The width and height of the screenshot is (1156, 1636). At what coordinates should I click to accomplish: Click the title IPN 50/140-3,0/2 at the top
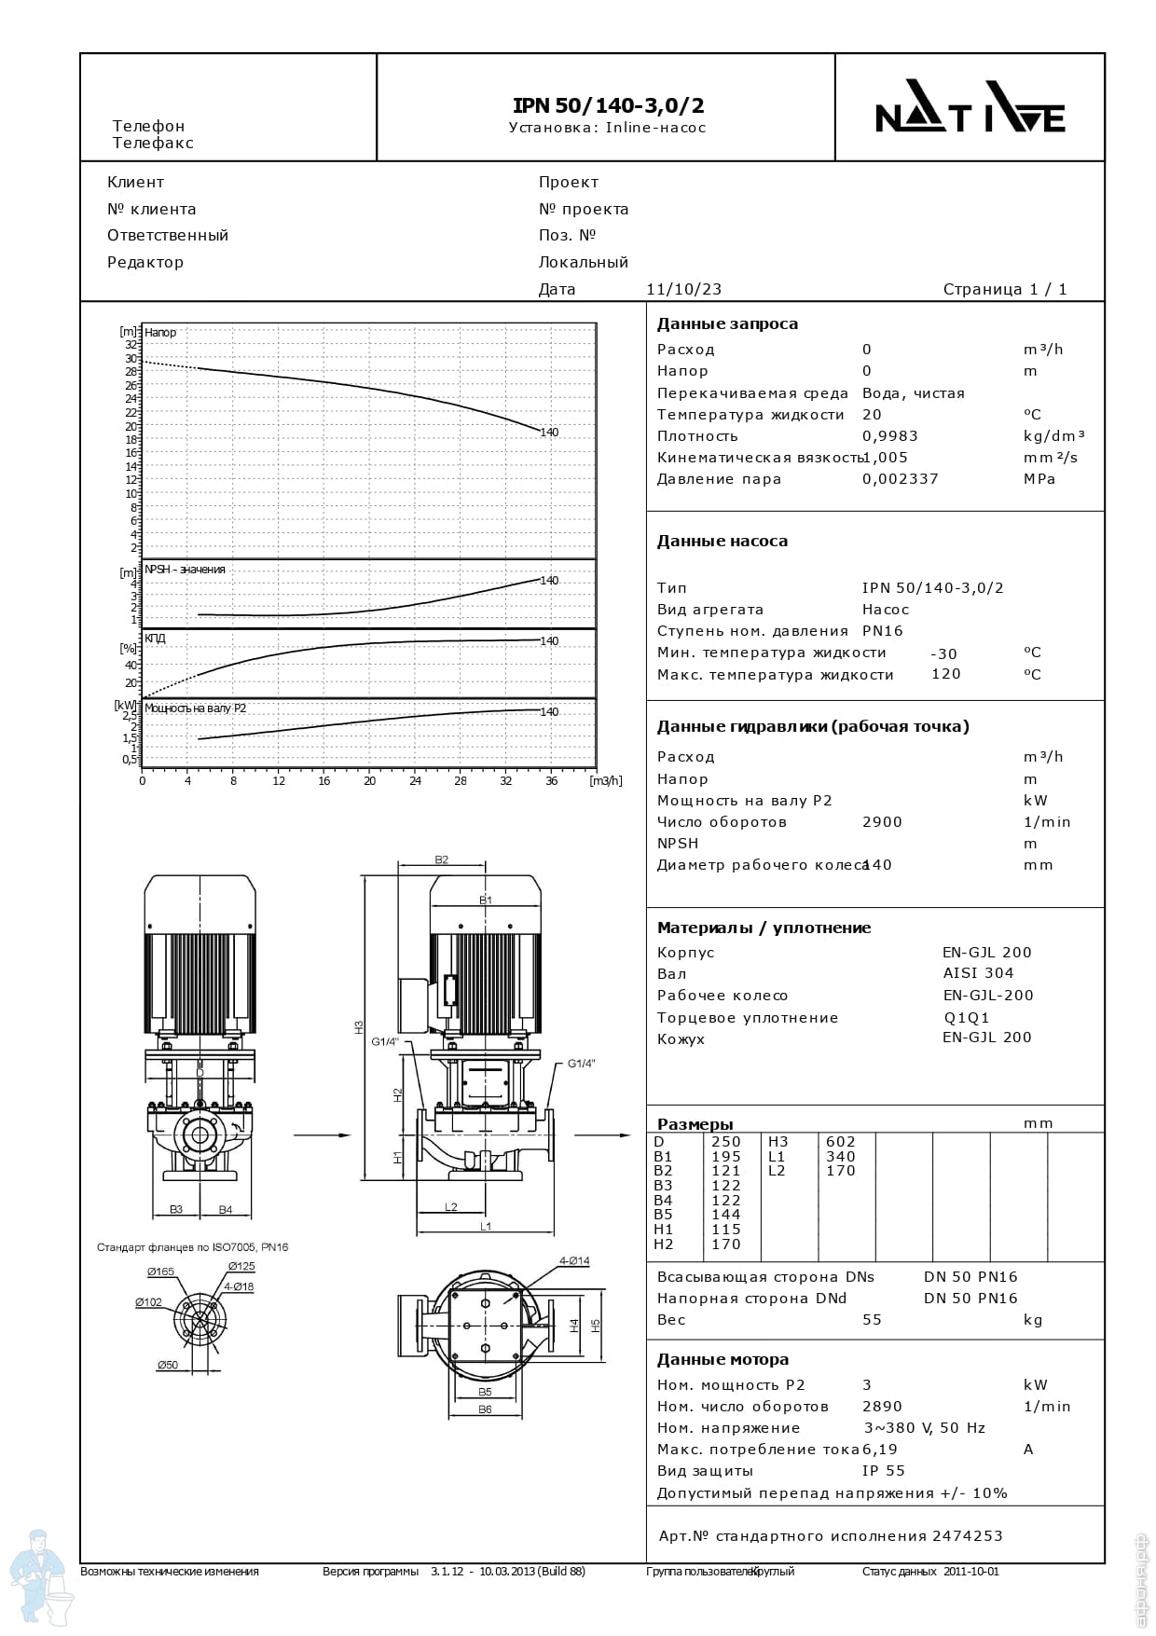tap(608, 105)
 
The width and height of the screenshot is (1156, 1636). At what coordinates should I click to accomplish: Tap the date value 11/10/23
tap(683, 289)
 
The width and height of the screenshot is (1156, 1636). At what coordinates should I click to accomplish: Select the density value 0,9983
tap(889, 436)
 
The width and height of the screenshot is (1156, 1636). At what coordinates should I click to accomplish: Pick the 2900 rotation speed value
tap(882, 822)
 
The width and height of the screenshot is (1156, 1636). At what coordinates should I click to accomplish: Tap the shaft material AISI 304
tap(978, 973)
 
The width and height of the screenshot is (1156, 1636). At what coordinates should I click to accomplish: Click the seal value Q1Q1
tap(967, 1018)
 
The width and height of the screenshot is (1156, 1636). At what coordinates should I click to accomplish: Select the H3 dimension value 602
tap(840, 1142)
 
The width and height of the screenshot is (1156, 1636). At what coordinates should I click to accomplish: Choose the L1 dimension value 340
tap(840, 1157)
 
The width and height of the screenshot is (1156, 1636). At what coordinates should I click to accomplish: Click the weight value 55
tap(872, 1320)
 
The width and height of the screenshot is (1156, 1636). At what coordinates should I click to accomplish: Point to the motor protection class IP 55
tap(883, 1471)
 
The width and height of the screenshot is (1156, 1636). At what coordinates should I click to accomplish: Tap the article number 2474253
tap(967, 1535)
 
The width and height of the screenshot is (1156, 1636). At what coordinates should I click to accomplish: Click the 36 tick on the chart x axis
tap(551, 781)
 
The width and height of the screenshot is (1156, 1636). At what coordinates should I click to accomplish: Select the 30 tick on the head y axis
tap(131, 358)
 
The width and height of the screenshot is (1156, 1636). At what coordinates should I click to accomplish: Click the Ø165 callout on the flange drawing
tap(160, 1272)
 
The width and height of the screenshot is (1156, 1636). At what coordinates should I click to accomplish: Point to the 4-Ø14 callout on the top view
tap(574, 1261)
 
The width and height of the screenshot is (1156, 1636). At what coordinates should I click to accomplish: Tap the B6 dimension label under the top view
tap(485, 1409)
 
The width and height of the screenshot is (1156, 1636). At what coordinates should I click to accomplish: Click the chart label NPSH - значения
tap(185, 570)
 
